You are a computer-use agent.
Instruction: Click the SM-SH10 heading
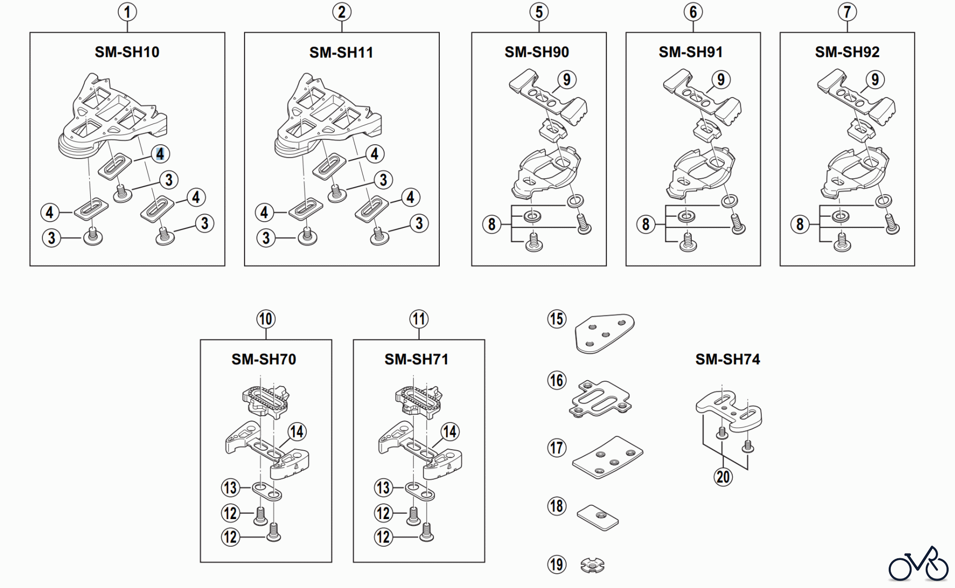127,52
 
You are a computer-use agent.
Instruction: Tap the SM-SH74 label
727,359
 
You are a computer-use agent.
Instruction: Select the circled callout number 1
127,12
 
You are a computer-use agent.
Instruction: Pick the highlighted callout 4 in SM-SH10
160,154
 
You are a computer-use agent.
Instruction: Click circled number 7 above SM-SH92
847,12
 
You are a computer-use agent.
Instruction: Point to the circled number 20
723,477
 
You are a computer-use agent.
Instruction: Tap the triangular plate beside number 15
604,332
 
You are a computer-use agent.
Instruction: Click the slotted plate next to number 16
600,399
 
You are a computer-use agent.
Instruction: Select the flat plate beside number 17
608,457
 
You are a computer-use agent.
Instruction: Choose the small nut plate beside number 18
598,516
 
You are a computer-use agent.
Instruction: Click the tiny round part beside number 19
592,566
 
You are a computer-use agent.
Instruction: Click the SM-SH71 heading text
416,359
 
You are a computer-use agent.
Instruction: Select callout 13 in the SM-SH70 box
230,487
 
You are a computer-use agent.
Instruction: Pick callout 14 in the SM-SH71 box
449,432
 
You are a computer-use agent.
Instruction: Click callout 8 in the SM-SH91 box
646,224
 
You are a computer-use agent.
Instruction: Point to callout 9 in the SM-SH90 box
567,80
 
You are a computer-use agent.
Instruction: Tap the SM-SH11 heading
341,52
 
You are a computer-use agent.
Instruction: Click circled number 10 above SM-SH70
265,319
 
